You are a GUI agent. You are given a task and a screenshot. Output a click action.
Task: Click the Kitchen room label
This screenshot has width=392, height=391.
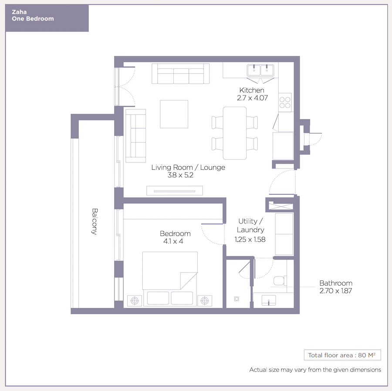[x=252, y=90]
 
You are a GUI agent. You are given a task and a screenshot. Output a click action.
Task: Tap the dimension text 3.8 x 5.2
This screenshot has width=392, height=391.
[x=180, y=175]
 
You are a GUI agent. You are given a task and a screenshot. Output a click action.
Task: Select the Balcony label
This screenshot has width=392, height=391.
[x=95, y=221]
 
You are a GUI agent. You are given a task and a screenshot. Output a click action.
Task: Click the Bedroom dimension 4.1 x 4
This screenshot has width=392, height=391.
[x=173, y=241]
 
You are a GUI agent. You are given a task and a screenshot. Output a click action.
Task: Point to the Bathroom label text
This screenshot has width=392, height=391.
[x=336, y=283]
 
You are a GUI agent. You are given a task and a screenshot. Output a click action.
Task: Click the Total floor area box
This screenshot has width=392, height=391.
[x=342, y=355]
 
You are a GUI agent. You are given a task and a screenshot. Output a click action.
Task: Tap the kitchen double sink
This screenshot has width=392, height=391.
[x=260, y=70]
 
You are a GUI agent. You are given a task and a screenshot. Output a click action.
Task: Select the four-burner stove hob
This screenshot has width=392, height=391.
[x=285, y=102]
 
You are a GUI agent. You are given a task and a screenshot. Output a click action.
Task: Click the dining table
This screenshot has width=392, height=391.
[x=234, y=133]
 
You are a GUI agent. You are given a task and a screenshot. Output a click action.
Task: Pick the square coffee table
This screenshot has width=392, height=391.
[x=174, y=114]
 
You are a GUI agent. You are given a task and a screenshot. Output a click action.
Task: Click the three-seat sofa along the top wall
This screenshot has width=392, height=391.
[x=180, y=74]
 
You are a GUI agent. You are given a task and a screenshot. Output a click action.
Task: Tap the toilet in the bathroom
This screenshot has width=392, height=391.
[x=280, y=280]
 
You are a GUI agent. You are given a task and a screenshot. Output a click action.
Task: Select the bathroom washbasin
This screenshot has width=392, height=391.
[x=269, y=300]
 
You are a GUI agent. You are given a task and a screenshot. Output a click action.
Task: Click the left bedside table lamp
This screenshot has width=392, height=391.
[x=135, y=300]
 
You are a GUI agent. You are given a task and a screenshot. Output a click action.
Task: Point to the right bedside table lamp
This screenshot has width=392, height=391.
[x=205, y=300]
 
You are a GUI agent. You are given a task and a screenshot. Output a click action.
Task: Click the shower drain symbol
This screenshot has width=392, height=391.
[x=237, y=299]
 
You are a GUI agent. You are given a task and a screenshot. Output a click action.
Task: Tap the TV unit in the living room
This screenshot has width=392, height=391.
[x=175, y=191]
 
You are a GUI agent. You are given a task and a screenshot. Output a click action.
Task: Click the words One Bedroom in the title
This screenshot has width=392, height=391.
[x=33, y=19]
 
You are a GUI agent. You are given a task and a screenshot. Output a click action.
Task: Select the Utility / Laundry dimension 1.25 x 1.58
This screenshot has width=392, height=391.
[x=250, y=239]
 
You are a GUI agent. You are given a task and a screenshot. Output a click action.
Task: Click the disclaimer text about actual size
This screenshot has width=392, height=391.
[x=315, y=370]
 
